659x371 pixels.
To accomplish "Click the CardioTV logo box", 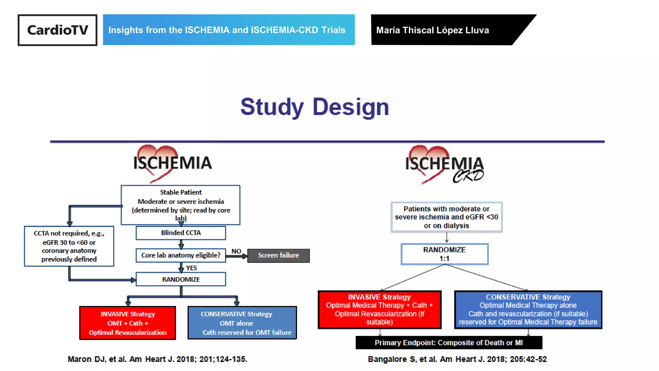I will tap(57, 30).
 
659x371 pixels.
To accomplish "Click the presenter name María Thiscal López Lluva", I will tap(432, 30).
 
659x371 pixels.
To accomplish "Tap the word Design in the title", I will tap(351, 107).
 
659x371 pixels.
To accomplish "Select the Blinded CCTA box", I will tap(181, 233).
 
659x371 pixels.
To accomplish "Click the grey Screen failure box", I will tap(278, 255).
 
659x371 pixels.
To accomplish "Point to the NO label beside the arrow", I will tap(236, 251).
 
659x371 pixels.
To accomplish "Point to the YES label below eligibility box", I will tap(191, 268).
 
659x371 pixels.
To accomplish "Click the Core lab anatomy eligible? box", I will tap(181, 255).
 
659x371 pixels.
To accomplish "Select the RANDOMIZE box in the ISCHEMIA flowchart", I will tap(181, 280).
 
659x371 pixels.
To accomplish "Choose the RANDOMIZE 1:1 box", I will tap(444, 254).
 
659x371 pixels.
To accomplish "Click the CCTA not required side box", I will tap(69, 246).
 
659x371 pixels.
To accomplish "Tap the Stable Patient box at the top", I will tap(181, 205).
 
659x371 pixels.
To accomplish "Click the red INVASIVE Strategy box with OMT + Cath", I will tap(128, 323).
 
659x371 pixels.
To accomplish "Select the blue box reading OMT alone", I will tap(242, 323).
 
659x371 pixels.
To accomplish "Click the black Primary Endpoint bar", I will tap(449, 343).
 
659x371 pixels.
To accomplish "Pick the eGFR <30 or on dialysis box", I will tap(446, 217).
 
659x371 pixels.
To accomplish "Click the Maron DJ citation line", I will tap(157, 359).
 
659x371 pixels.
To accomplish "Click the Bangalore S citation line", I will tap(457, 359).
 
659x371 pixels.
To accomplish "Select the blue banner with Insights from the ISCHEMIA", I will tap(228, 30).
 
